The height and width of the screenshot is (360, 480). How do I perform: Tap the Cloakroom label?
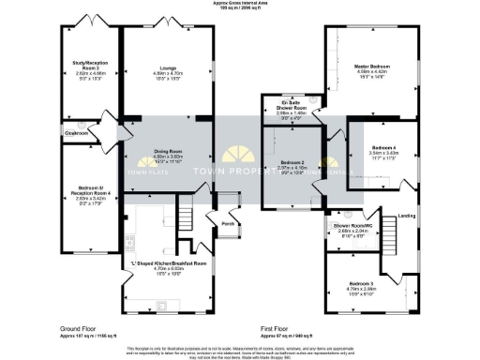(x=76, y=134)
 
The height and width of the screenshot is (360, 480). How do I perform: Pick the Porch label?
(x=227, y=225)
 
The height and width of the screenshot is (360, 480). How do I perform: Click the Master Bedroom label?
(x=372, y=68)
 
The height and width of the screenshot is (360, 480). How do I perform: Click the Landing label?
(x=407, y=217)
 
